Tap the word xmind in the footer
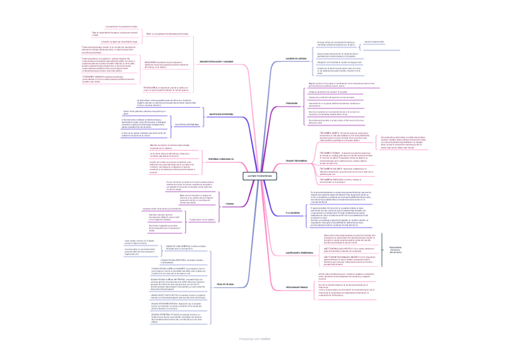266,339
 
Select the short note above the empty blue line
373,41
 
